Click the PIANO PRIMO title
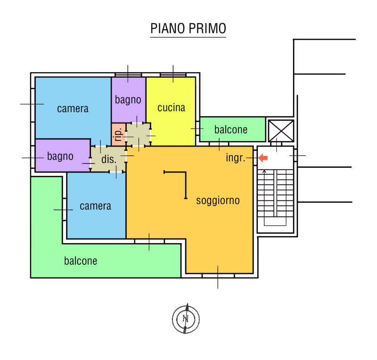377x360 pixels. click(188, 28)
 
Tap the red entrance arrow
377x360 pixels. click(263, 158)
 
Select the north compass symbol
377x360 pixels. click(186, 319)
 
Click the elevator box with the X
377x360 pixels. click(281, 131)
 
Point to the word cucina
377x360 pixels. click(171, 108)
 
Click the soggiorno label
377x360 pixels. click(218, 201)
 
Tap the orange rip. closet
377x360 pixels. click(119, 134)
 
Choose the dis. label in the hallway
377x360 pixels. click(109, 159)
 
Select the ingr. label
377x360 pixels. click(235, 158)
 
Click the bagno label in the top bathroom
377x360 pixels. click(128, 100)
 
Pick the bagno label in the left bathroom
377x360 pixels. click(60, 156)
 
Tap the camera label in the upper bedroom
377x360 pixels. click(73, 109)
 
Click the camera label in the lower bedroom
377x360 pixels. click(96, 206)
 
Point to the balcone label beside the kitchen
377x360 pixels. click(231, 130)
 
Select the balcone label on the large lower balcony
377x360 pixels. click(81, 261)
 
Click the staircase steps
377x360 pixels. click(275, 197)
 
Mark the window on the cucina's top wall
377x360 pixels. click(173, 75)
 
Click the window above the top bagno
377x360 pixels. click(128, 75)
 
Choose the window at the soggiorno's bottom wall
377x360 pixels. click(218, 276)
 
